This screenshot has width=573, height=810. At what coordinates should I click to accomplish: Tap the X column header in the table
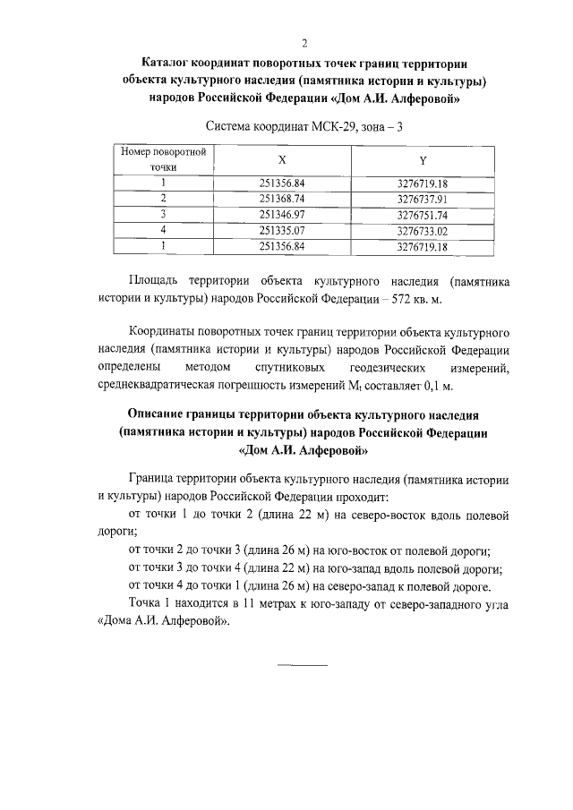(282, 158)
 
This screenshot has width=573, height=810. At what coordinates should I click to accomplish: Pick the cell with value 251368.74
(282, 199)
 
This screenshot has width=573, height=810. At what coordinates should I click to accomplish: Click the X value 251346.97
(282, 215)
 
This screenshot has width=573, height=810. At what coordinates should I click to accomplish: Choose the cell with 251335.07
(282, 231)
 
